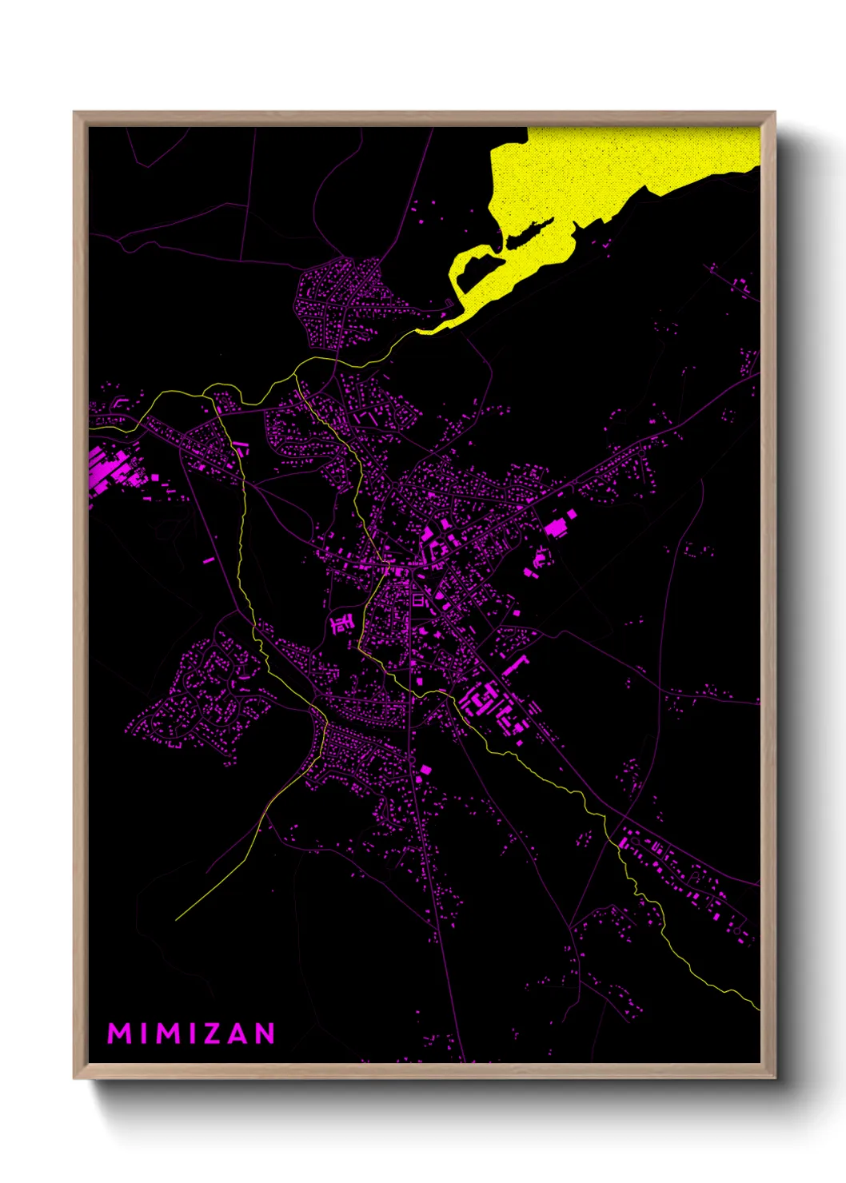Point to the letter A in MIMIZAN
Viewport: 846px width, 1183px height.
pyautogui.click(x=234, y=1033)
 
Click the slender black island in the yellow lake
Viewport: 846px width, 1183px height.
pyautogui.click(x=528, y=234)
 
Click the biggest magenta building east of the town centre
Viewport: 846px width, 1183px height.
pyautogui.click(x=555, y=527)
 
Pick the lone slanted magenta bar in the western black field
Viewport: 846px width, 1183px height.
pyautogui.click(x=209, y=560)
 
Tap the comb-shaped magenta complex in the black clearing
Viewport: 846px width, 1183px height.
pyautogui.click(x=342, y=623)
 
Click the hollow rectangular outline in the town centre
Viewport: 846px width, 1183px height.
pyautogui.click(x=417, y=599)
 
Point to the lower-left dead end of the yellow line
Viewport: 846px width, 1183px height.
pyautogui.click(x=176, y=919)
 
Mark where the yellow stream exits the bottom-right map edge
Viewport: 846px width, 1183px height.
pyautogui.click(x=758, y=1009)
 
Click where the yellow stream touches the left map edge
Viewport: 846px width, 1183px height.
pyautogui.click(x=90, y=428)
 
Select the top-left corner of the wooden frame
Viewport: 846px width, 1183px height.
pyautogui.click(x=74, y=113)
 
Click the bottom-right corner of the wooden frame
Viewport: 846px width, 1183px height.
pyautogui.click(x=774, y=1077)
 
